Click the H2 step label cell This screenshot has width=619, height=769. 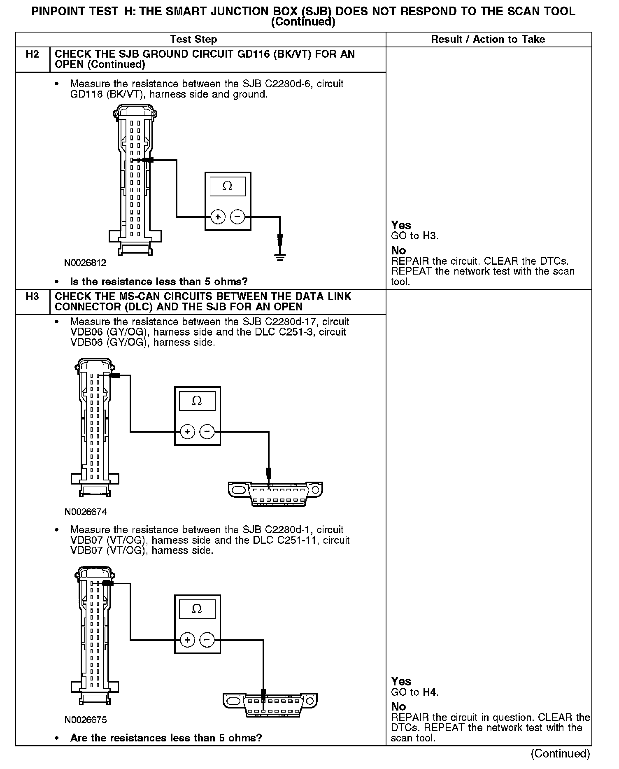[32, 55]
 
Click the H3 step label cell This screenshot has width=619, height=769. [32, 297]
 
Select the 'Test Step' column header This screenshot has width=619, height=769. [193, 40]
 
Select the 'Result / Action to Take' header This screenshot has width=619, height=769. [488, 40]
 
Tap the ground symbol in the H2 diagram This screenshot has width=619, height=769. [280, 257]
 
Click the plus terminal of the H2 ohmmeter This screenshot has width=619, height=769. [218, 217]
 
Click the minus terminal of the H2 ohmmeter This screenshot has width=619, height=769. [237, 217]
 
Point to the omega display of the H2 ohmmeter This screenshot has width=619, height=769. [227, 186]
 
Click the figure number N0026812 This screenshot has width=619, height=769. [85, 263]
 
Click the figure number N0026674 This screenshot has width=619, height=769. [85, 512]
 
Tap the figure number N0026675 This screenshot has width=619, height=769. [85, 720]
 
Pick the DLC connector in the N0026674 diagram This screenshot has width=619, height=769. [275, 494]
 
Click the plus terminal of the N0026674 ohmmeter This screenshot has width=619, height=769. [187, 432]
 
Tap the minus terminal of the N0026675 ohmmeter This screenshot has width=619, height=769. [207, 640]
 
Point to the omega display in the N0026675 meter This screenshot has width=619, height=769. [197, 609]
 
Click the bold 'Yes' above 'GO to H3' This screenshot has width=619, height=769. [401, 225]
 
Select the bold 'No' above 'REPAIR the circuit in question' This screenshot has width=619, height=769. [398, 706]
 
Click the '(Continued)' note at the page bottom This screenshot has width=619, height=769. [560, 753]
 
